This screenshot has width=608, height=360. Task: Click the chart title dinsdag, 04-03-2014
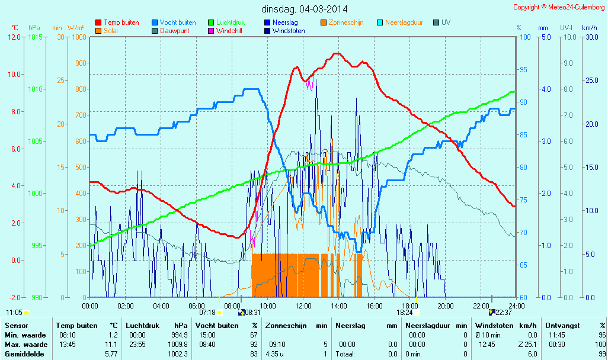[x=305, y=9]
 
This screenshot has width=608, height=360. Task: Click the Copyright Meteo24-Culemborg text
[x=559, y=7]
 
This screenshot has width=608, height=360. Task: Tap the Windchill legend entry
[x=229, y=31]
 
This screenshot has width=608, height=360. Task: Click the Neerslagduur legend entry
[x=404, y=22]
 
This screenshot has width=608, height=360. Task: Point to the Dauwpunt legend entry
[x=174, y=31]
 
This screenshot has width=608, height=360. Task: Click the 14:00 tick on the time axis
[x=339, y=306]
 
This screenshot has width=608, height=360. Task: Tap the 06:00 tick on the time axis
[x=197, y=306]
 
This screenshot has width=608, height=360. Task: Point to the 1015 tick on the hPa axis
[x=36, y=37]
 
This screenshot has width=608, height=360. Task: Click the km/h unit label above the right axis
[x=589, y=28]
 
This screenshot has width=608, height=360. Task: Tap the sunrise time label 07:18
[x=207, y=312]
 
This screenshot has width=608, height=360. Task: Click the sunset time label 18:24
[x=405, y=312]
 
